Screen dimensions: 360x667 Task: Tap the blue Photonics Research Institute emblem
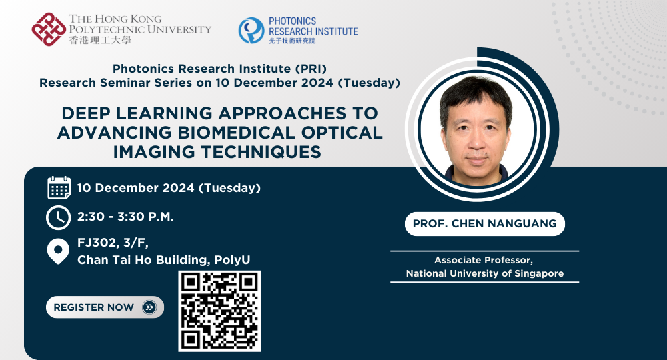(251, 30)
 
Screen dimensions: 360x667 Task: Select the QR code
(219, 311)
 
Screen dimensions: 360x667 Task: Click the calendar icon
(59, 188)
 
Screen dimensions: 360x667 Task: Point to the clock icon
(58, 218)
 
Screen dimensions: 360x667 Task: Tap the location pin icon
(59, 252)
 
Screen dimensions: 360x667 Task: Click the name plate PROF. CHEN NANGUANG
(484, 224)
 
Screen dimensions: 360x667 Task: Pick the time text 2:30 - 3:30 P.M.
(125, 217)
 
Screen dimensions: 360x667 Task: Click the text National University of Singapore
(484, 273)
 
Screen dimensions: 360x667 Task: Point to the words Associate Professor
(484, 260)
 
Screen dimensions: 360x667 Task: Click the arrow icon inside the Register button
(149, 307)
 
